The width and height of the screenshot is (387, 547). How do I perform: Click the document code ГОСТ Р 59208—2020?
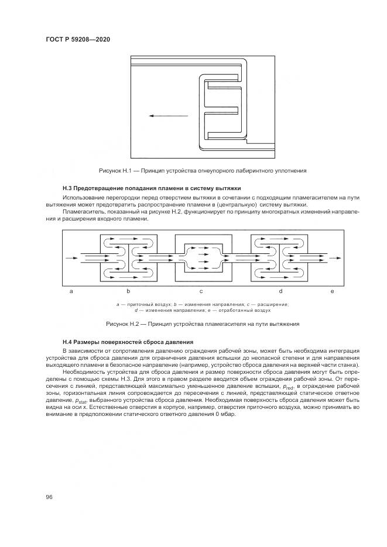78,39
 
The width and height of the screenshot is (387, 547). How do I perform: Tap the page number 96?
49,497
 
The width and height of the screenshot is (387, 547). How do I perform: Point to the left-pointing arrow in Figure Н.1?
168,116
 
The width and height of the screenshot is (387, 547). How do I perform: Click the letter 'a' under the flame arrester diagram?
71,291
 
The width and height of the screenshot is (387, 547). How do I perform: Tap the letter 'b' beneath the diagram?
128,291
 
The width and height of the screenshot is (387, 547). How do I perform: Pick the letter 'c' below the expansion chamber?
201,291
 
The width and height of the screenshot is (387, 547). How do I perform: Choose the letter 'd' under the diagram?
280,291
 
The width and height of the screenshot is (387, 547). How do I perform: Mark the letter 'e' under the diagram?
332,291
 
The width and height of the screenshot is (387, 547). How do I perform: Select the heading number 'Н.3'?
67,188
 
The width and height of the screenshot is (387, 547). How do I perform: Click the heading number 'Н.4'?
67,342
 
